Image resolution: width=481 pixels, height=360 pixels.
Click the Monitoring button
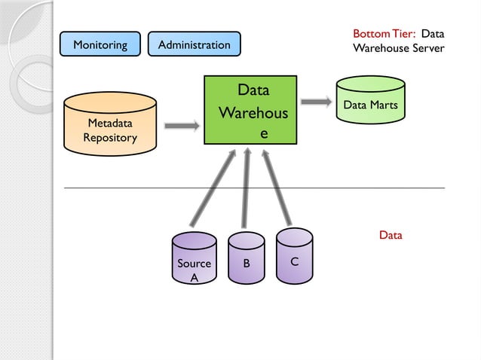point(100,44)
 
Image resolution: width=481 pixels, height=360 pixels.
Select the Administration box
point(194,44)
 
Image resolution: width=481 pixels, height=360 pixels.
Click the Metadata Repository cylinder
point(110,124)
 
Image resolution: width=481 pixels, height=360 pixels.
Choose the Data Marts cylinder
point(370,105)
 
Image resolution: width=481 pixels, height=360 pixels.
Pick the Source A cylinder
point(194,260)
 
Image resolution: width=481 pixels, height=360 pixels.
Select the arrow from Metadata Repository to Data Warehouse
point(181,126)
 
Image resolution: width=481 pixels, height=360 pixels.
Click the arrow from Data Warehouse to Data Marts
point(317,101)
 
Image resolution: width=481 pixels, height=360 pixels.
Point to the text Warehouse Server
point(398,48)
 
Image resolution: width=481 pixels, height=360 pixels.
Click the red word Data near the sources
point(391,235)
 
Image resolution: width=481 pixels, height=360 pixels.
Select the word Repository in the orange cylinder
point(110,138)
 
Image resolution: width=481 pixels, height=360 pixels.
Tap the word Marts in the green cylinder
point(383,105)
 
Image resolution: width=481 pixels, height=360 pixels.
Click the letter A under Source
point(194,277)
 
